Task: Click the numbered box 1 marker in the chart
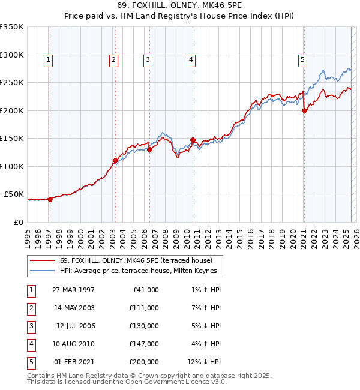click(x=48, y=59)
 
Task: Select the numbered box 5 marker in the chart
click(x=303, y=59)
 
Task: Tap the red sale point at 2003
click(x=115, y=161)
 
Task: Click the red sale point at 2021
click(x=304, y=110)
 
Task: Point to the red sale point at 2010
click(x=193, y=140)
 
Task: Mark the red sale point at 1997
click(x=50, y=200)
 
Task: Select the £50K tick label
click(x=14, y=194)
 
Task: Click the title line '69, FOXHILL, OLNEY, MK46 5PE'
click(x=180, y=5)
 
